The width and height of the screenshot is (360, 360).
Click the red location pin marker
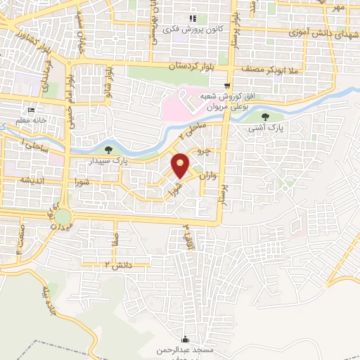tap(181, 165)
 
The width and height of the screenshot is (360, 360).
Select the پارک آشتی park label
tap(264, 129)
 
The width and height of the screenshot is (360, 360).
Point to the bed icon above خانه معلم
tap(30, 110)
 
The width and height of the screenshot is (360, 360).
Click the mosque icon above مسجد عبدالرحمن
tap(185, 339)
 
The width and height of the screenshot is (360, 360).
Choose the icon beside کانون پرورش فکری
tap(192, 20)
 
